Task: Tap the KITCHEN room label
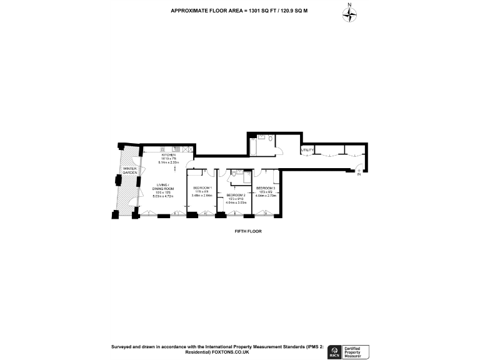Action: pos(169,155)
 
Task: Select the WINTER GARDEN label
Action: pos(129,171)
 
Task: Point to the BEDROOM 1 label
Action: pos(202,188)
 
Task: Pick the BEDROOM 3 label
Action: pos(266,188)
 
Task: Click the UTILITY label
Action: pos(307,150)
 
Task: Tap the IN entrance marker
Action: pos(359,175)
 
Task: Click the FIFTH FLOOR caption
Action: pos(244,232)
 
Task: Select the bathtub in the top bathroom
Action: pos(257,145)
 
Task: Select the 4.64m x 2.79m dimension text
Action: pos(266,196)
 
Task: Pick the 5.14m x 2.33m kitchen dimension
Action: pos(169,162)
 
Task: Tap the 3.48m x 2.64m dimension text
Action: pos(202,196)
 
